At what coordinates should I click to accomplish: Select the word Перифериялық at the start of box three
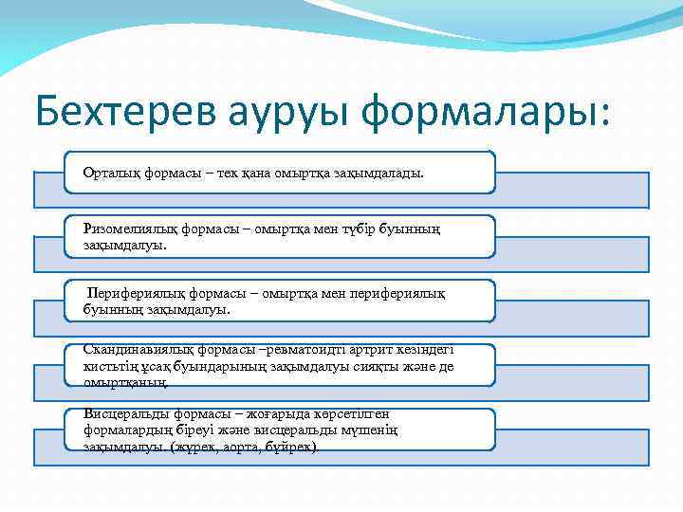point(131,294)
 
